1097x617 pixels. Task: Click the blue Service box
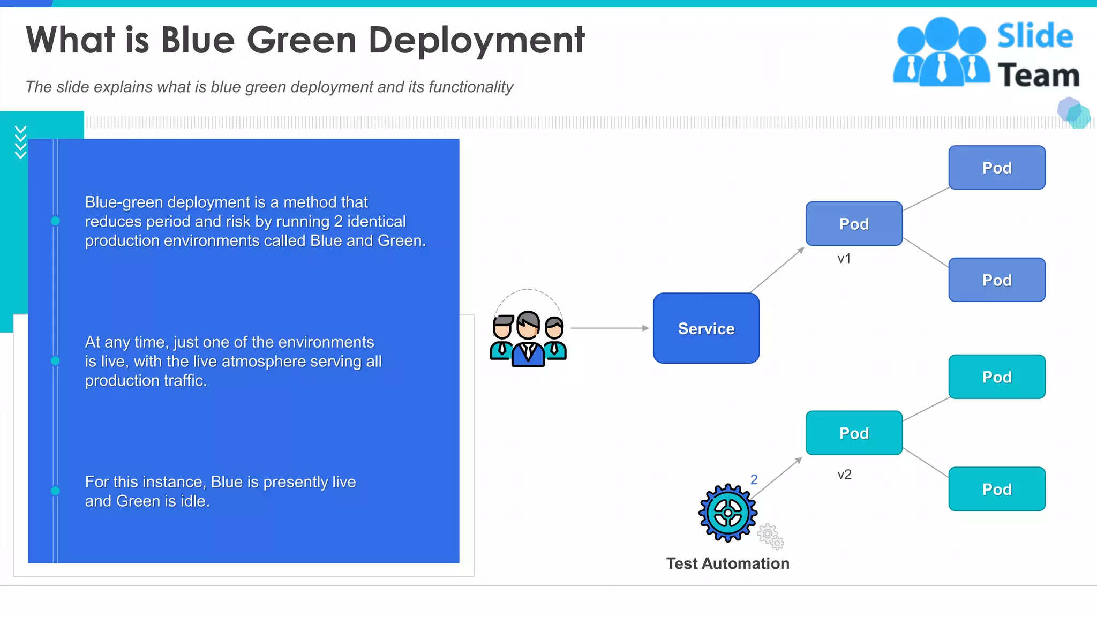tap(706, 328)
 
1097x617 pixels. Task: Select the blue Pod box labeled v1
tap(854, 224)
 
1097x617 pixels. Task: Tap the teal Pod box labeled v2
tap(854, 433)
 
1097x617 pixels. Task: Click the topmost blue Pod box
tap(996, 168)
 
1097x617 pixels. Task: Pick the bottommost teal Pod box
tap(996, 489)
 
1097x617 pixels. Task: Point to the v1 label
tap(844, 259)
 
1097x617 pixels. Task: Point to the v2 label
tap(844, 475)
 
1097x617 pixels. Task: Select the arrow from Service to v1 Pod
tap(777, 270)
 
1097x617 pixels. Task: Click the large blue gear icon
tap(727, 513)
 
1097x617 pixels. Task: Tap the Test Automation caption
tap(727, 563)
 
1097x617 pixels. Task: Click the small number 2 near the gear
tap(754, 479)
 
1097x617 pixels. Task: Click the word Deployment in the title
tap(476, 41)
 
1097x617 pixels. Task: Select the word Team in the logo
tap(1038, 75)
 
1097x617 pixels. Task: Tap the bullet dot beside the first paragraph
tap(55, 221)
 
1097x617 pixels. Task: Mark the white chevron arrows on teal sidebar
tap(20, 142)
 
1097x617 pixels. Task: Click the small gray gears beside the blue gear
tap(770, 537)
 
